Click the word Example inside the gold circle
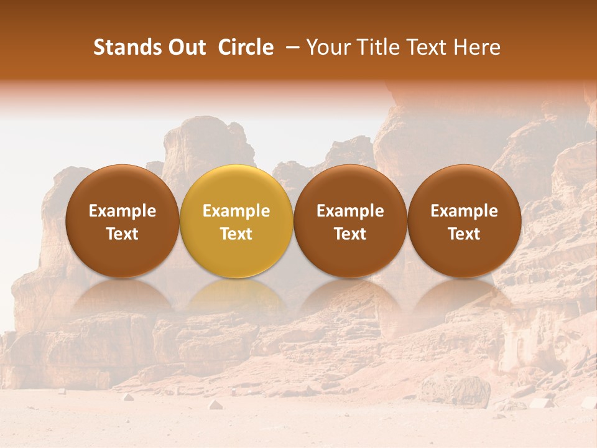pyautogui.click(x=236, y=211)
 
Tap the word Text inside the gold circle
pyautogui.click(x=236, y=234)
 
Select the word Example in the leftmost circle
pyautogui.click(x=122, y=211)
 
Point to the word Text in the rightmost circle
pyautogui.click(x=464, y=234)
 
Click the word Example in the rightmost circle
pyautogui.click(x=464, y=211)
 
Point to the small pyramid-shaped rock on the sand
pyautogui.click(x=215, y=404)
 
